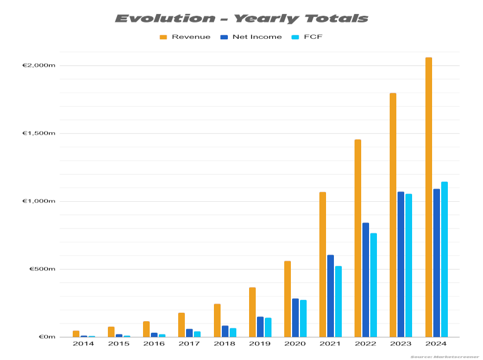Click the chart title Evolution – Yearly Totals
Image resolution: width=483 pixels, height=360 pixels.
point(241,18)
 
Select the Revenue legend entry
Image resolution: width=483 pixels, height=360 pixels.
point(185,37)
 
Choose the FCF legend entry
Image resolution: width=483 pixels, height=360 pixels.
point(309,37)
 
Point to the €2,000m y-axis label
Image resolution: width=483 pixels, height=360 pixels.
point(39,65)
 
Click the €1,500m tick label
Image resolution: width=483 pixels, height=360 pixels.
point(39,133)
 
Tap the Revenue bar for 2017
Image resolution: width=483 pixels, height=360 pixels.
point(181,325)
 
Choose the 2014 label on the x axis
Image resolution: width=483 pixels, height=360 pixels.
point(83,344)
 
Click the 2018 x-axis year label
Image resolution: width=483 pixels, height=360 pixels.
point(225,344)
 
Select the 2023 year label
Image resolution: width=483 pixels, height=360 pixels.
point(401,344)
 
